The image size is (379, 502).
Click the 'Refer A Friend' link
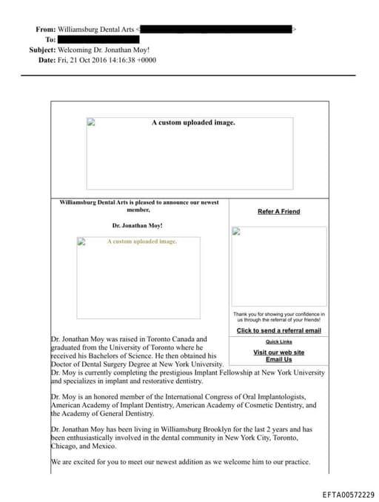[278, 212]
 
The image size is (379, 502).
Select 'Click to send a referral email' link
[278, 330]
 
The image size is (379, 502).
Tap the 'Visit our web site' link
[278, 352]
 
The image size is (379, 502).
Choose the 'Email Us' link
[278, 360]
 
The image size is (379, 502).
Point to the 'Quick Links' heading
[278, 342]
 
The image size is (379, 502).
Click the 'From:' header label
[45, 30]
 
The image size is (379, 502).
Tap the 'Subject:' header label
[41, 50]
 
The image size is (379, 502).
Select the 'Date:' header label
[47, 60]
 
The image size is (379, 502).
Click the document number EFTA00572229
[349, 495]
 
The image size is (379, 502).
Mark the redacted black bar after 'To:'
[100, 39]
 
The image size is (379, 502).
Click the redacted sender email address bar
[216, 30]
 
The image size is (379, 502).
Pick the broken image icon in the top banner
[91, 123]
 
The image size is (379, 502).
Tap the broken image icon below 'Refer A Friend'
[236, 231]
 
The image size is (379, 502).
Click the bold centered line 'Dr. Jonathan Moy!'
[138, 225]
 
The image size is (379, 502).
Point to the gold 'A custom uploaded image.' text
[142, 241]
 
